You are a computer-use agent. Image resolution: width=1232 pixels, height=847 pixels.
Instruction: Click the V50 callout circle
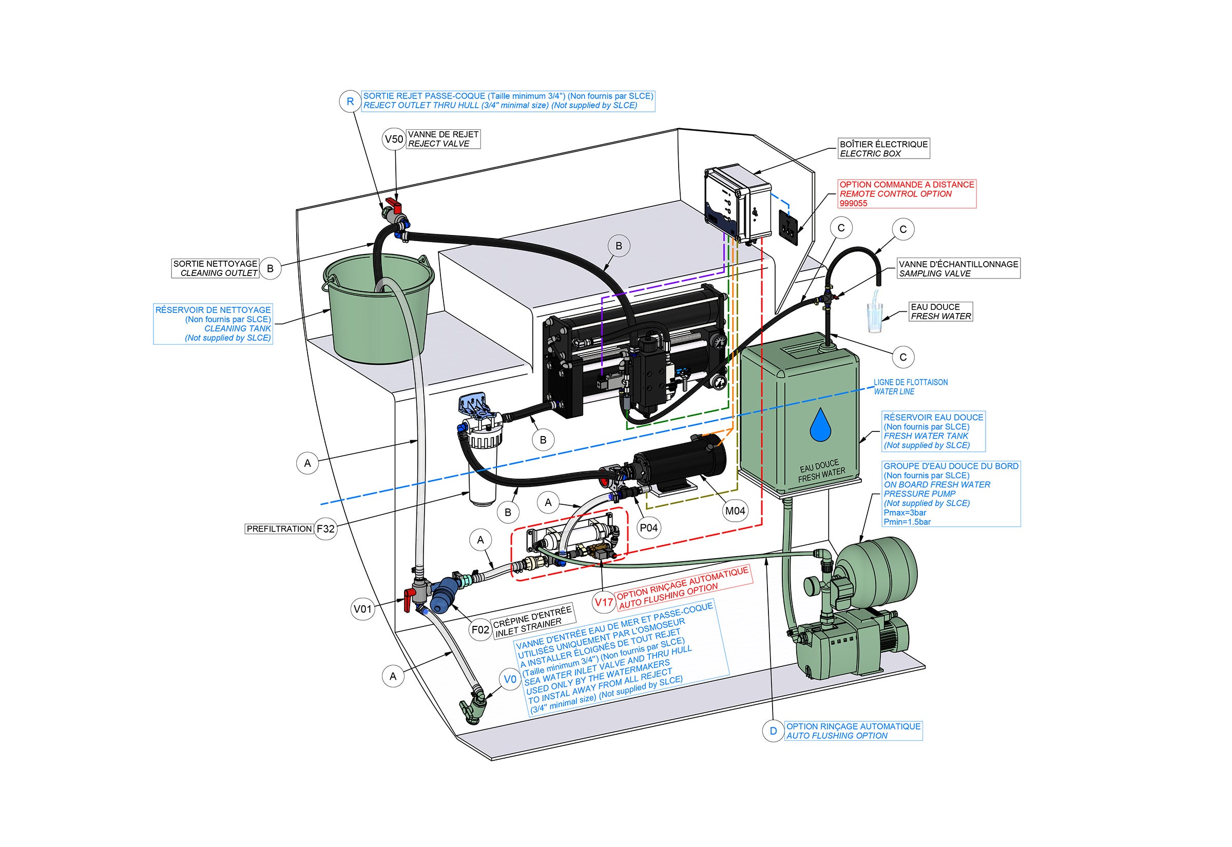[394, 139]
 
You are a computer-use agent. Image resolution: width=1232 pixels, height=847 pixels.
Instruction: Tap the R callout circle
[350, 102]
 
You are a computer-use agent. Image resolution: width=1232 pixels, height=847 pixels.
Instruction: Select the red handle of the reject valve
[394, 202]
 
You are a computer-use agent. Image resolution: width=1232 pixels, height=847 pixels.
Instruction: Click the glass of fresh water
[874, 317]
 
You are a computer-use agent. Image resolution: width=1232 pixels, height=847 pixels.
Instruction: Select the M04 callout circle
[735, 510]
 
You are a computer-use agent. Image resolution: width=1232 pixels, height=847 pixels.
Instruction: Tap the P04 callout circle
[648, 527]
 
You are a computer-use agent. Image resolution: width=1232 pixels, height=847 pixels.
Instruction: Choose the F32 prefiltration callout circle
[325, 528]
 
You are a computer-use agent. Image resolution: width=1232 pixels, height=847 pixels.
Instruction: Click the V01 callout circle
[363, 609]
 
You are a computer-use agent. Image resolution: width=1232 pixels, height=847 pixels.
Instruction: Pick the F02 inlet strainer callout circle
[480, 629]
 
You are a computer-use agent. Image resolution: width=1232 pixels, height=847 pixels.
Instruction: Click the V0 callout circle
[510, 679]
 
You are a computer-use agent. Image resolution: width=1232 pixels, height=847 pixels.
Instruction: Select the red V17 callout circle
[604, 602]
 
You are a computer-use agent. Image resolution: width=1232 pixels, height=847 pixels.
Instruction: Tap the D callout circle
[773, 731]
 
